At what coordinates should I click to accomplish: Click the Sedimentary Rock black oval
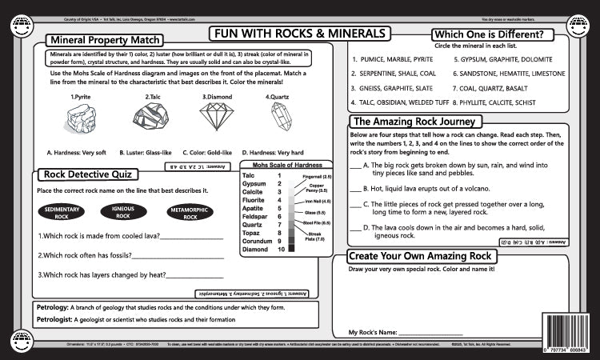[62, 212]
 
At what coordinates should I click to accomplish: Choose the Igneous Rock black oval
[124, 211]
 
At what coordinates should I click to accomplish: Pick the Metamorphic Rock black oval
[190, 212]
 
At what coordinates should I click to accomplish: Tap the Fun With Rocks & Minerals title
[300, 34]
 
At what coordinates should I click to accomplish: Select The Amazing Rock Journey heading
[415, 122]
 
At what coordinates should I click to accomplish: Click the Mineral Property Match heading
[104, 40]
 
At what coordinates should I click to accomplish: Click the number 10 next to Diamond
[281, 250]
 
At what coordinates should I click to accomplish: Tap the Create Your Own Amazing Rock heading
[421, 255]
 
